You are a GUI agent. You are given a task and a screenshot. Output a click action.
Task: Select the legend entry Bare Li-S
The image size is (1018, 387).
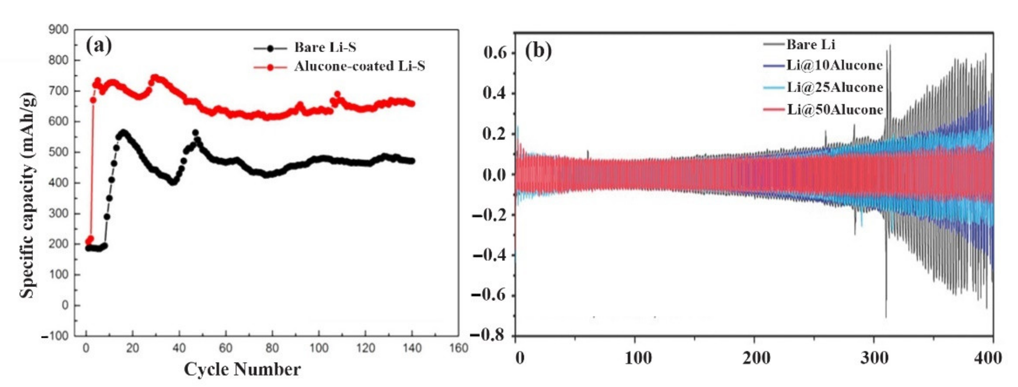click(x=325, y=47)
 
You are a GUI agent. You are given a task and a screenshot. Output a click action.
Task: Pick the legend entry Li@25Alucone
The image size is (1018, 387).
click(x=835, y=87)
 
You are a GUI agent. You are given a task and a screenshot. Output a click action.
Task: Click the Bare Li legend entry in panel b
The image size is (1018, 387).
click(x=811, y=44)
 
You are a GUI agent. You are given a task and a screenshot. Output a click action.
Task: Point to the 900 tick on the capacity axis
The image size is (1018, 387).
click(x=58, y=29)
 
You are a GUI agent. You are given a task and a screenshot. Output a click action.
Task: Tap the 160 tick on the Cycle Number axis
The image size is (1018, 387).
click(x=458, y=348)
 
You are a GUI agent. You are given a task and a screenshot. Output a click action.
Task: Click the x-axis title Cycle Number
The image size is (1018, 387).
click(x=242, y=370)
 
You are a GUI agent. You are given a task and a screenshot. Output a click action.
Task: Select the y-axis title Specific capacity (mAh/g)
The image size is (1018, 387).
click(x=28, y=195)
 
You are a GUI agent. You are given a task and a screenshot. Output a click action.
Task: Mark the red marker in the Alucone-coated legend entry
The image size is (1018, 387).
click(x=270, y=67)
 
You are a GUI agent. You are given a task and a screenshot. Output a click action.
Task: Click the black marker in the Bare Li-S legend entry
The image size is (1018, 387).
click(x=270, y=48)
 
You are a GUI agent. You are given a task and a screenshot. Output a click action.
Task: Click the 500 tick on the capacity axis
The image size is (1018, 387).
click(x=58, y=152)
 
